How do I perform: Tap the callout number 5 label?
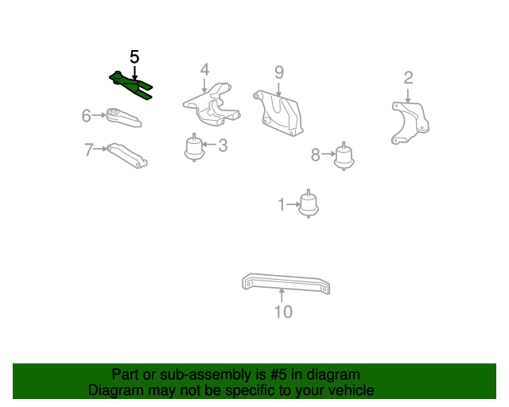click(x=134, y=56)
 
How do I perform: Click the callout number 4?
click(x=204, y=69)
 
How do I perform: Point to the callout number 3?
click(x=223, y=145)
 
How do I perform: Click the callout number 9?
click(x=279, y=72)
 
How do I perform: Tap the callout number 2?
click(x=408, y=77)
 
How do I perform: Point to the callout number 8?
click(x=315, y=155)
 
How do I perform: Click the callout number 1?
click(x=281, y=205)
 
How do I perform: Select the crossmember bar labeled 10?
click(x=286, y=284)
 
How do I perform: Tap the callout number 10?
click(x=283, y=312)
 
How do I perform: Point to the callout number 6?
click(x=86, y=116)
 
